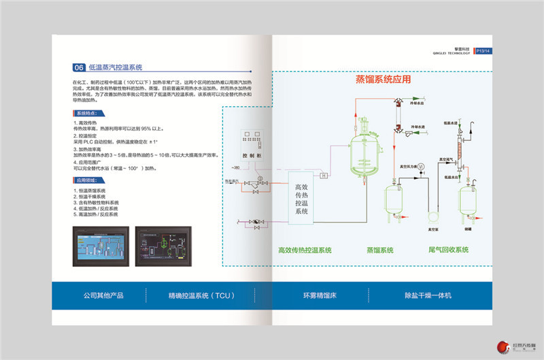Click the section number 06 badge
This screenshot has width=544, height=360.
coord(78,67)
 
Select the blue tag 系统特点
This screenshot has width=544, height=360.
coord(86,113)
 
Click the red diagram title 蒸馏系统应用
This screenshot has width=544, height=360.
coord(383,79)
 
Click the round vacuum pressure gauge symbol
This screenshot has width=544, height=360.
coord(421,166)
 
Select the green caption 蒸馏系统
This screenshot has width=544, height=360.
coord(380,250)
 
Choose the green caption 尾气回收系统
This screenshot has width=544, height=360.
coord(445,250)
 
